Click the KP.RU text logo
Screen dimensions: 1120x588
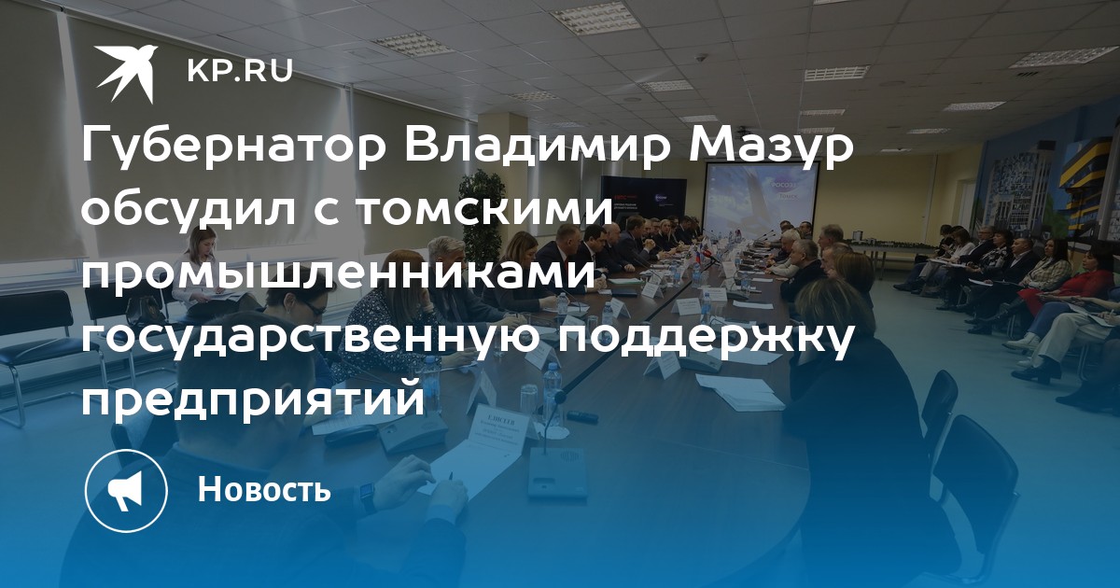pyautogui.click(x=240, y=72)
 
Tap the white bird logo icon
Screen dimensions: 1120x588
pyautogui.click(x=127, y=74)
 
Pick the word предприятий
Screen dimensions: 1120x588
pyautogui.click(x=253, y=399)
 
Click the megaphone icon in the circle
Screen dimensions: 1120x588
pyautogui.click(x=126, y=491)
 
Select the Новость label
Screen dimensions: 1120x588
pyautogui.click(x=264, y=488)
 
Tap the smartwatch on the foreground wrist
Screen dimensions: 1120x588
pyautogui.click(x=368, y=497)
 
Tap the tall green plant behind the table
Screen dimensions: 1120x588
pyautogui.click(x=481, y=215)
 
